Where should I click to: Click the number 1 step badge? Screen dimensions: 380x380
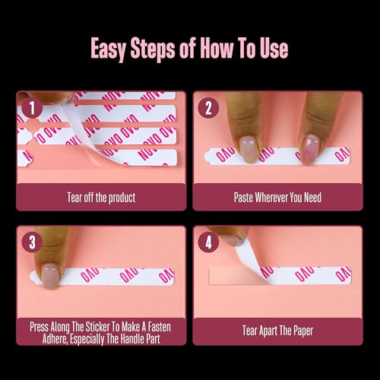[x=31, y=107]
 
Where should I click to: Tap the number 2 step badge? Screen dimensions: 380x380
[x=208, y=107]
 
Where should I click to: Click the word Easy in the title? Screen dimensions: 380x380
[x=112, y=50]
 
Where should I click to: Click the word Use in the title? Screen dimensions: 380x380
[x=271, y=50]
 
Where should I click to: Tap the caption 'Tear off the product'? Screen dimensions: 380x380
[x=101, y=198]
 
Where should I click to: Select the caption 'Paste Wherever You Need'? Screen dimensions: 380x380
[x=277, y=198]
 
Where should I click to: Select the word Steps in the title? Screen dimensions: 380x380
[x=160, y=50]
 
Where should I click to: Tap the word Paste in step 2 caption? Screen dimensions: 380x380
[x=245, y=198]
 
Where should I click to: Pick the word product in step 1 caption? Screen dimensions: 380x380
[x=120, y=198]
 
